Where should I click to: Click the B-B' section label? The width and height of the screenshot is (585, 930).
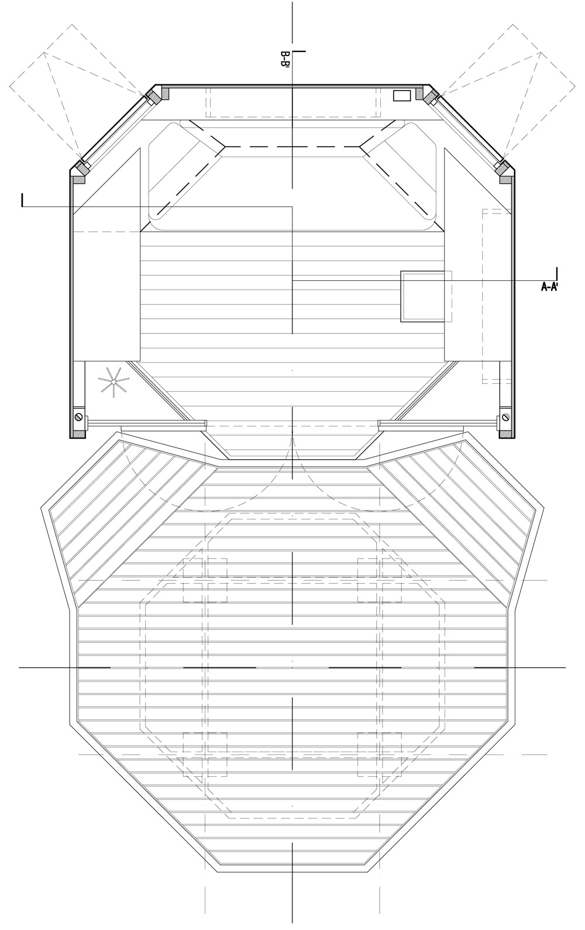click(285, 60)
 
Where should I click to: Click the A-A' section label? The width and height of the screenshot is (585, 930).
click(550, 287)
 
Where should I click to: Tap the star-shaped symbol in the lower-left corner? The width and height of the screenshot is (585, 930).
click(113, 382)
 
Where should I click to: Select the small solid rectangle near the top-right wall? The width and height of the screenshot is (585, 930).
click(402, 95)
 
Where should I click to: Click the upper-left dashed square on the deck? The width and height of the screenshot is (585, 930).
click(205, 580)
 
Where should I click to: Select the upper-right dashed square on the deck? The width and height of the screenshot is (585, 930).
click(380, 580)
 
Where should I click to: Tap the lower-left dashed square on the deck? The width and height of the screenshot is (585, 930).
click(205, 755)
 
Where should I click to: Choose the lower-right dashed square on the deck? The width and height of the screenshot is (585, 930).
click(380, 755)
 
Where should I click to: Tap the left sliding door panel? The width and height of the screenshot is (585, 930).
click(146, 422)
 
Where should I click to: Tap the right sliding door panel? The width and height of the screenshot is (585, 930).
click(438, 422)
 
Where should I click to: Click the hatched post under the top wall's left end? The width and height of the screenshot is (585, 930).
click(166, 92)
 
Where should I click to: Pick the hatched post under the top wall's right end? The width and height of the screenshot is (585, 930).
click(419, 92)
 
